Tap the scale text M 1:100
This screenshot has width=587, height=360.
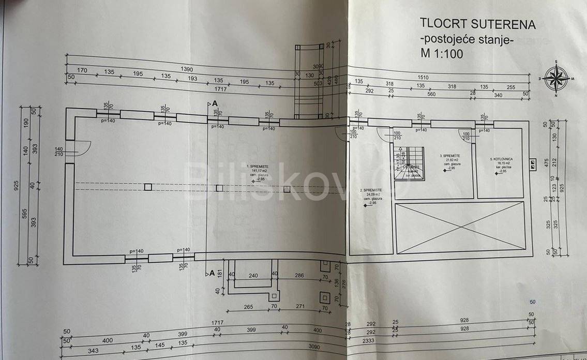pyautogui.click(x=442, y=53)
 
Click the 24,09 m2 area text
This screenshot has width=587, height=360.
pyautogui.click(x=371, y=195)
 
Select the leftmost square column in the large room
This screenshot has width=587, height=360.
pyautogui.click(x=148, y=187)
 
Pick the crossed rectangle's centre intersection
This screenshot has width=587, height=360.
pyautogui.click(x=460, y=228)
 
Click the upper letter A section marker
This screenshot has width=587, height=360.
pyautogui.click(x=212, y=103)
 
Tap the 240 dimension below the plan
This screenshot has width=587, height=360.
pyautogui.click(x=253, y=276)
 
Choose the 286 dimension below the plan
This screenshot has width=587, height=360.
pyautogui.click(x=299, y=276)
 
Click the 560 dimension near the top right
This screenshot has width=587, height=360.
pyautogui.click(x=431, y=94)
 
